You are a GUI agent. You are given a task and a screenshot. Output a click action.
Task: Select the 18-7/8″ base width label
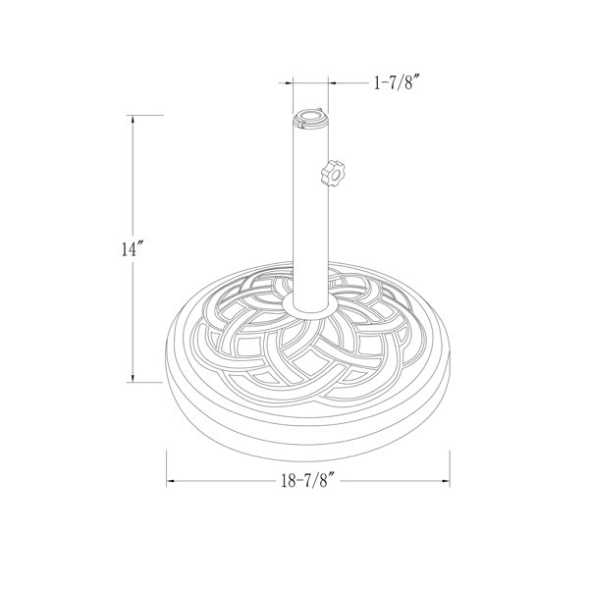click(306, 481)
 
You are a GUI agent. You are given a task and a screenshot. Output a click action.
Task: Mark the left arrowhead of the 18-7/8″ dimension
click(174, 481)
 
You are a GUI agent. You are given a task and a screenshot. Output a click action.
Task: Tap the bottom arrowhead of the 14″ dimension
click(134, 379)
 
